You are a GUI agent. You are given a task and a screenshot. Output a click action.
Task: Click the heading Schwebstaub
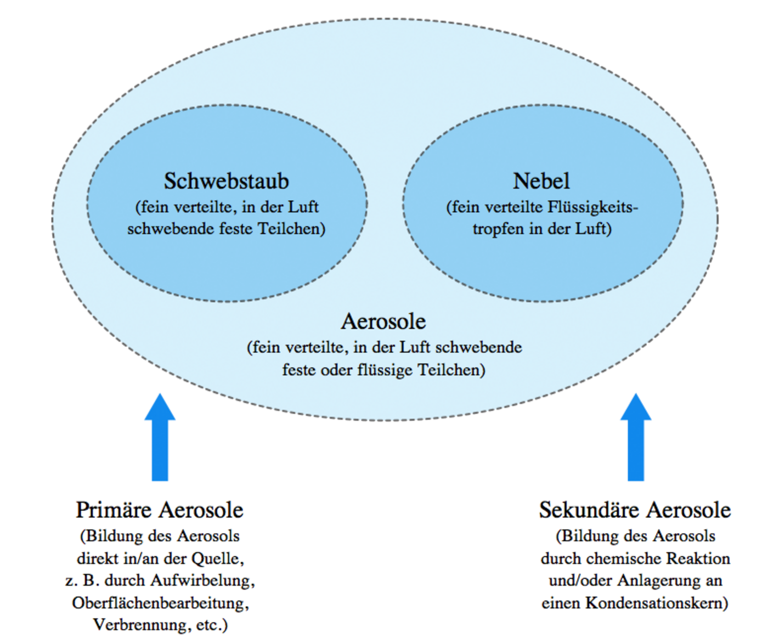coord(226,181)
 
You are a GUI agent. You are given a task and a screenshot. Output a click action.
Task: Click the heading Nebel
coord(541,181)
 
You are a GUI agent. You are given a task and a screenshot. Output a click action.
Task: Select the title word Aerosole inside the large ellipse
coord(383,321)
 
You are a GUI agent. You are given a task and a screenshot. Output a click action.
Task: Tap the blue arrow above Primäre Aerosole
coord(160,437)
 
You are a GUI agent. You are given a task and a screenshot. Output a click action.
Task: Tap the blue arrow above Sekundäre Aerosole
coord(636,437)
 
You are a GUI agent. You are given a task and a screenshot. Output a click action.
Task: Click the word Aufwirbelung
coord(202,581)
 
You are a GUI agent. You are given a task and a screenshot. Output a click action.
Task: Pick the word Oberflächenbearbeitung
coord(160,603)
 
